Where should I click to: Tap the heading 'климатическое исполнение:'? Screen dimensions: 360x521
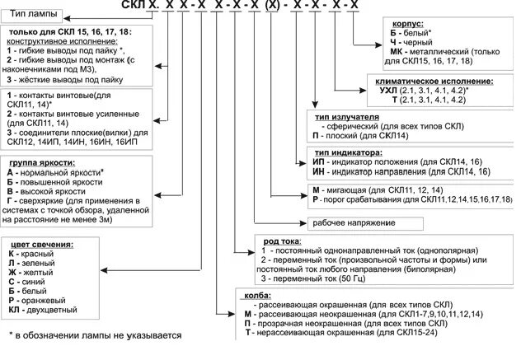tap(433, 82)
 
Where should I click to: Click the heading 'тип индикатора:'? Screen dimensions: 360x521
tap(345, 152)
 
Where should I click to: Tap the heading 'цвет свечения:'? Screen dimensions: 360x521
tap(40, 245)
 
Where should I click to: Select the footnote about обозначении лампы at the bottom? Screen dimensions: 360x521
tap(92, 336)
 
